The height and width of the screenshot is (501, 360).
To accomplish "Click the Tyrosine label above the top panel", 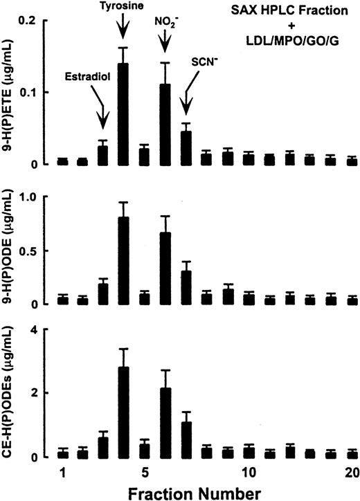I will (x=123, y=8).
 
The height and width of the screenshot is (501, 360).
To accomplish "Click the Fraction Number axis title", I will (x=197, y=492).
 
